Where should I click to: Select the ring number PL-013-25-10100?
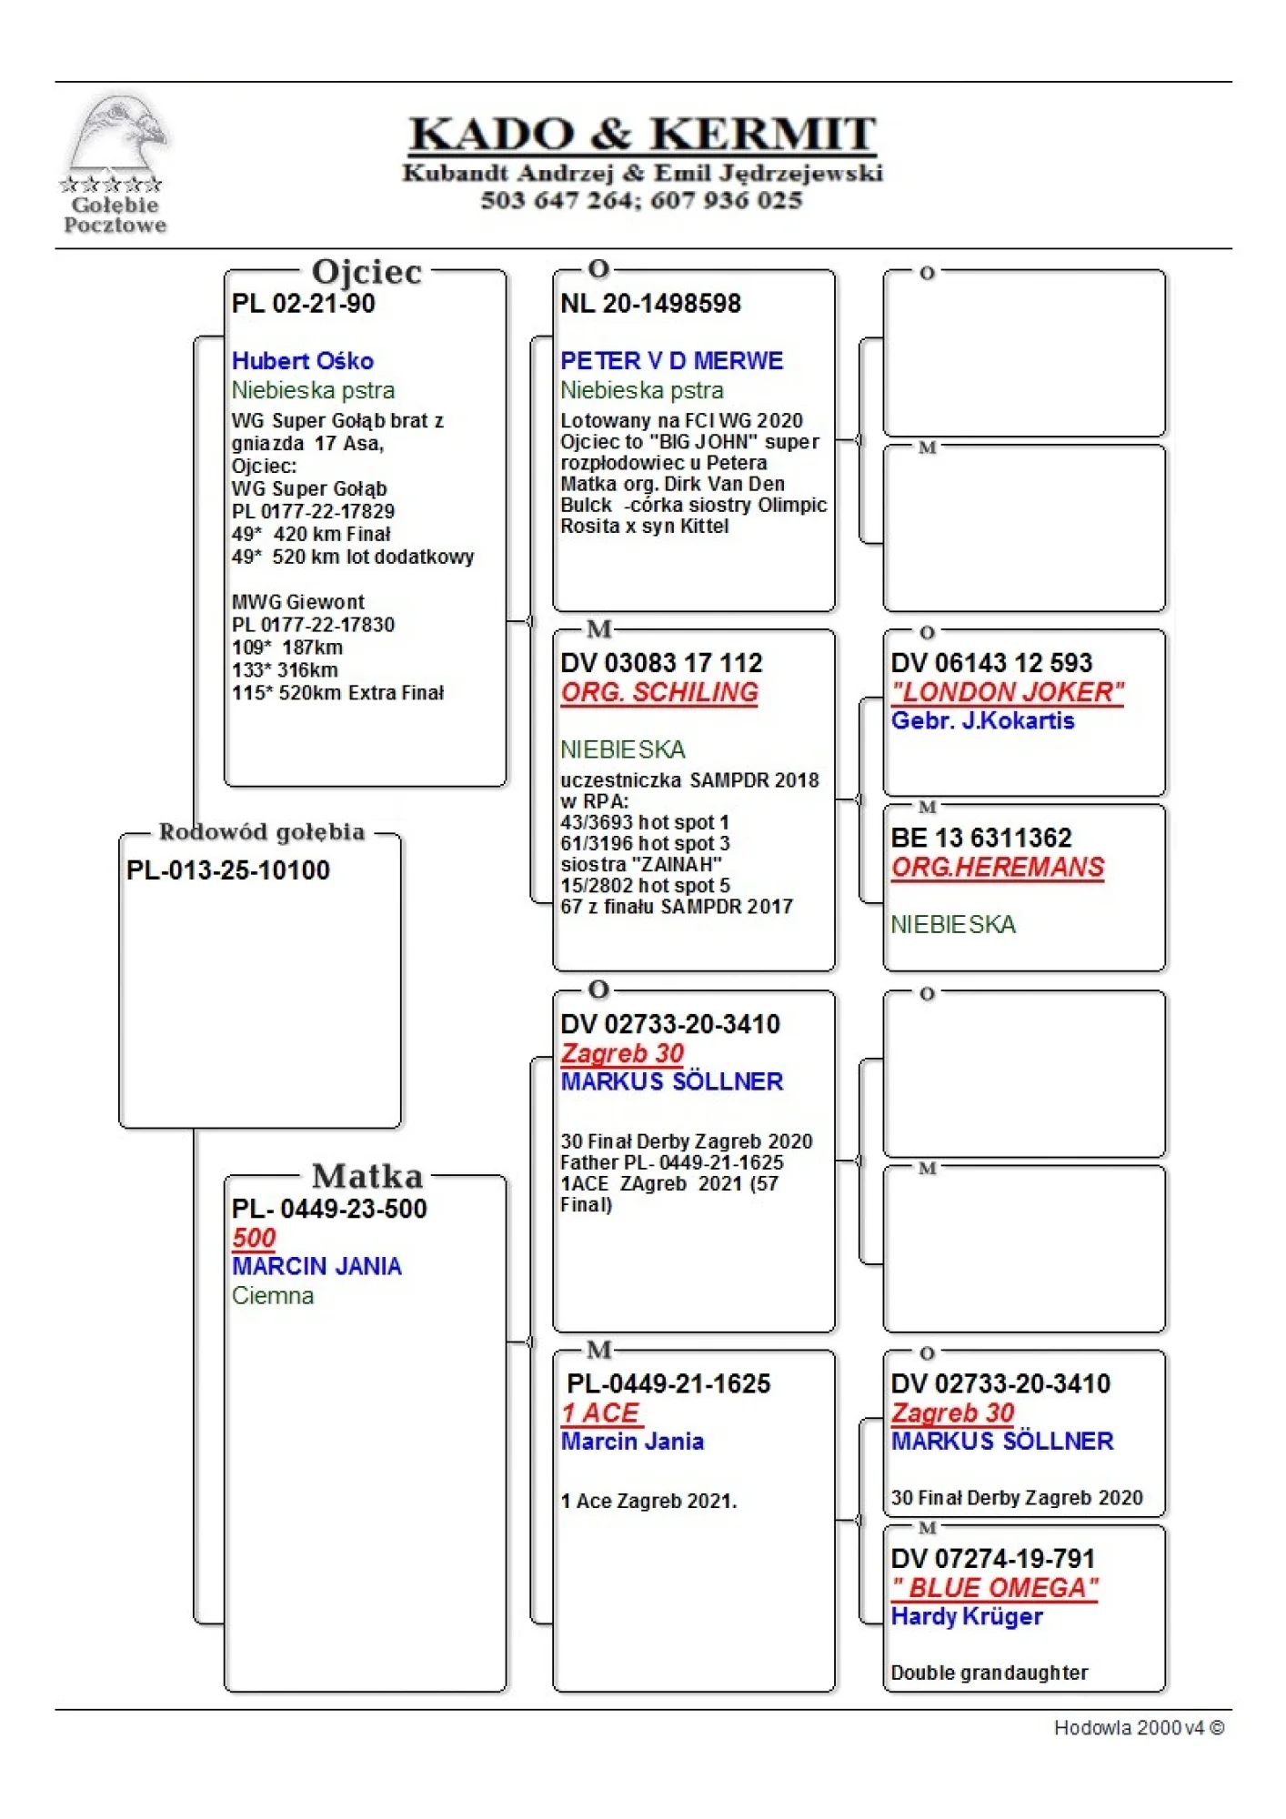(x=227, y=870)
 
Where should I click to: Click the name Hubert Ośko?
(x=302, y=361)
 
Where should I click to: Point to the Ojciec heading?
(x=367, y=272)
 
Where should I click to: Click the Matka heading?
(x=367, y=1176)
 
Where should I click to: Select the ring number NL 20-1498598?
(x=650, y=304)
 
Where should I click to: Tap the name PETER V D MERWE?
(x=671, y=361)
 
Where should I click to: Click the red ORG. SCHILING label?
(x=659, y=692)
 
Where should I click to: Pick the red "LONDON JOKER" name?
(x=1007, y=692)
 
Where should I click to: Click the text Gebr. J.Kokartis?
(x=982, y=721)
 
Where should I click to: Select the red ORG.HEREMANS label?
(x=997, y=868)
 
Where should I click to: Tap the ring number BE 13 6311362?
(x=980, y=838)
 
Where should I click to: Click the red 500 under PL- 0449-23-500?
(x=254, y=1238)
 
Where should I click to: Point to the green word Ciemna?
(x=272, y=1296)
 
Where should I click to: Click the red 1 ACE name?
(x=601, y=1413)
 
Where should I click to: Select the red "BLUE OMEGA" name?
(x=994, y=1588)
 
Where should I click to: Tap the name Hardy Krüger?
(x=967, y=1617)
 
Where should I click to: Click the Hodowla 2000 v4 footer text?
(x=1139, y=1728)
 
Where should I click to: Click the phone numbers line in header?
(x=641, y=200)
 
